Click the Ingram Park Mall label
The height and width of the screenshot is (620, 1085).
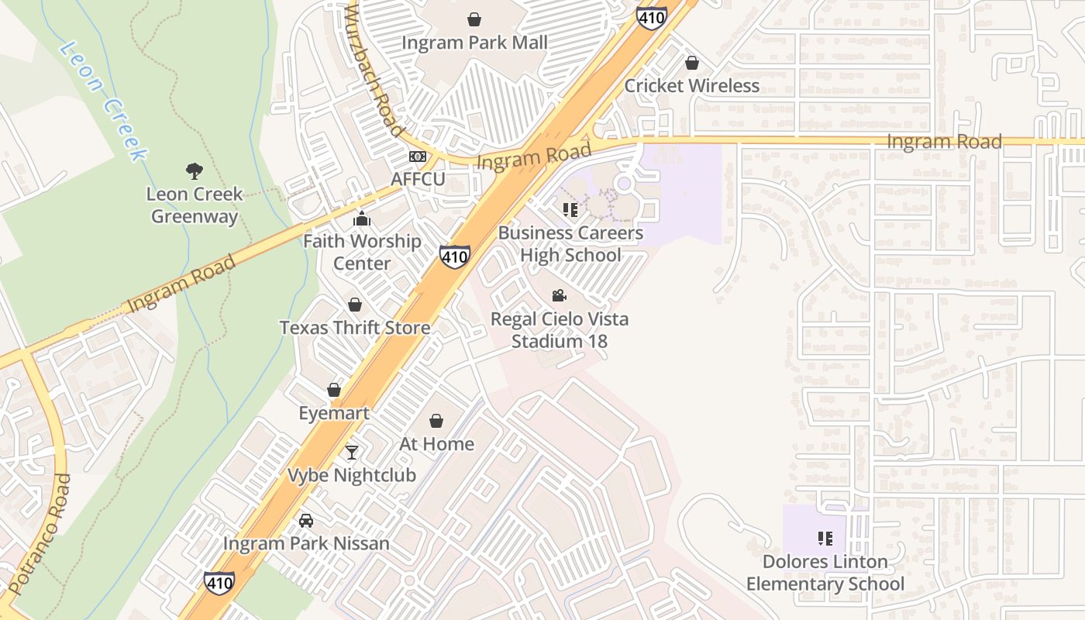coord(474,43)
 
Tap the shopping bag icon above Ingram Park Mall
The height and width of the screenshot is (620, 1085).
coord(474,19)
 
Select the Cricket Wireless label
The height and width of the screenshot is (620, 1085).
coord(691,85)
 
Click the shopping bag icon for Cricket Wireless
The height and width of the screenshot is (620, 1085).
coord(691,62)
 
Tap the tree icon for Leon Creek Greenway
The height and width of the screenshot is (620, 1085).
coord(194,170)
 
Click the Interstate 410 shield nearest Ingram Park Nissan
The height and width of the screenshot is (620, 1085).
coord(219,583)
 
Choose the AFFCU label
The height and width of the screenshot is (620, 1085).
coord(418,180)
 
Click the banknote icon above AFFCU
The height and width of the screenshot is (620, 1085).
coord(418,157)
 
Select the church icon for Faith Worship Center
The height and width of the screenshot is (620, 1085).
coord(362,219)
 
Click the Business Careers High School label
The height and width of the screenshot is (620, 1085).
coord(570,243)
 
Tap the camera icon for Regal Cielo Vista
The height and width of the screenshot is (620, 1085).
coord(559,295)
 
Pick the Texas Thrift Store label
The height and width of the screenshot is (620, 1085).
coord(355,327)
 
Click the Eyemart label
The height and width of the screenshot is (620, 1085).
coord(334,413)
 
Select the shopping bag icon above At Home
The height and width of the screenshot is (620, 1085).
coord(436,421)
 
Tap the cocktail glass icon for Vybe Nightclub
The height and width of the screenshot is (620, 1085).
coord(352,452)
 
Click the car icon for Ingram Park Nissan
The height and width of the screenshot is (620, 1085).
coord(306,520)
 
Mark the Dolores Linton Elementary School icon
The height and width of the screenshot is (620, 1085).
coord(825,538)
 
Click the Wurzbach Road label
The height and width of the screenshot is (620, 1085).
coord(374,70)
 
